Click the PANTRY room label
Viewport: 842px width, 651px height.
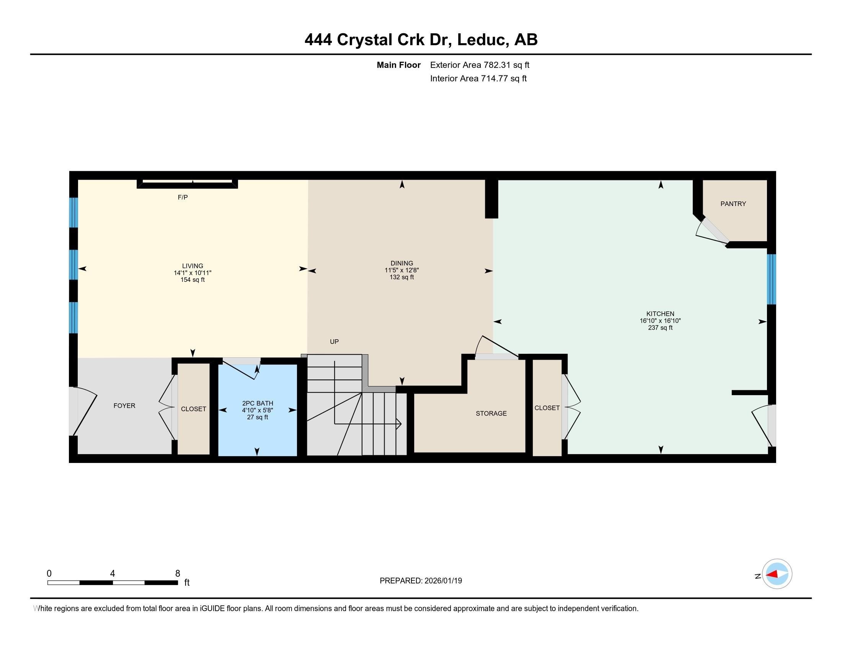click(733, 204)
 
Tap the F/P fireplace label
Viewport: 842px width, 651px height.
click(183, 198)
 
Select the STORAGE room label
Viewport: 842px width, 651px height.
click(491, 414)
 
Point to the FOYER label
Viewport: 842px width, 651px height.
click(124, 406)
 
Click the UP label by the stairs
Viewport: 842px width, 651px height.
click(334, 342)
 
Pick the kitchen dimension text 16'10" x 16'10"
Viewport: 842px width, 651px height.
click(661, 321)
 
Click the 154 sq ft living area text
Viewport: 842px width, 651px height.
click(193, 280)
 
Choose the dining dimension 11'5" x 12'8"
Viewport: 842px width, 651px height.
click(402, 270)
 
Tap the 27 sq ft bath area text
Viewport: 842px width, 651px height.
click(258, 417)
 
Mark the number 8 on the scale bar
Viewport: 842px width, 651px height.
click(178, 574)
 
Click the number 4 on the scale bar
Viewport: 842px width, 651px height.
click(113, 574)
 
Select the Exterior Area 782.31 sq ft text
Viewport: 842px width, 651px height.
click(480, 65)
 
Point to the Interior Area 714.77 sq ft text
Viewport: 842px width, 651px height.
click(478, 79)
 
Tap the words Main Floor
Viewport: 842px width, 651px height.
click(399, 65)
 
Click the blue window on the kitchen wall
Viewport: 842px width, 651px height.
click(771, 279)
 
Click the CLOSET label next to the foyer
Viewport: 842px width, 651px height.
click(194, 409)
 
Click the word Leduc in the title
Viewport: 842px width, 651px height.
click(481, 40)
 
